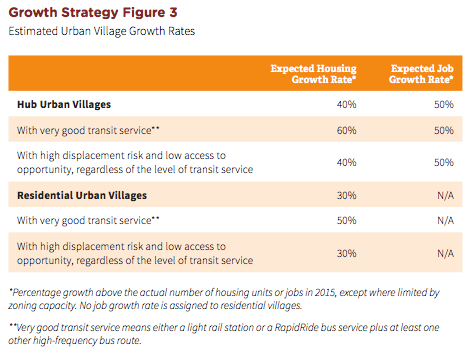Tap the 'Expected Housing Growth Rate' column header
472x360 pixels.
(x=315, y=73)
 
